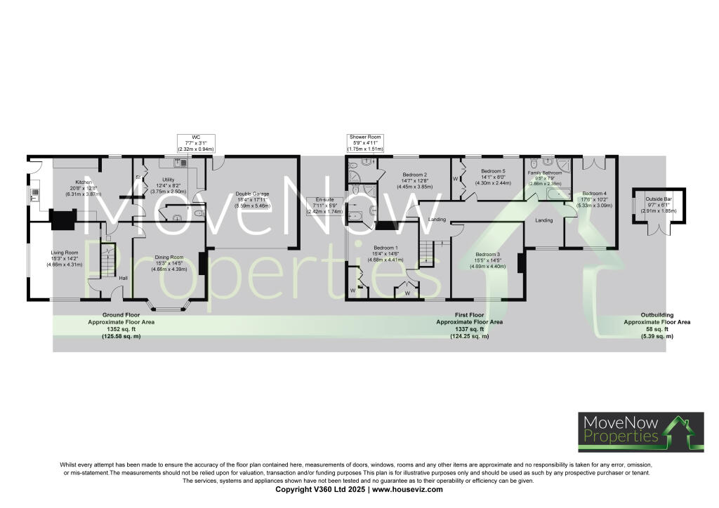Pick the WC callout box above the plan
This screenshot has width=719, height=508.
point(197,143)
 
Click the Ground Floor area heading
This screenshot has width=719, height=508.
point(121,315)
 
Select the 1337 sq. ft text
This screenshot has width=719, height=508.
point(469,329)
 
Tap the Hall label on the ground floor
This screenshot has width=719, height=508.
point(123,278)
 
